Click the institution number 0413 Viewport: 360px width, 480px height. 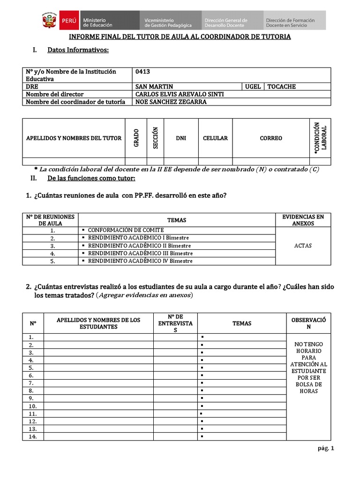coord(142,72)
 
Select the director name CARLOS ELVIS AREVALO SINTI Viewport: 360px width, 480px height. coord(179,94)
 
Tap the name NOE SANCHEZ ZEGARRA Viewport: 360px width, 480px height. coord(171,102)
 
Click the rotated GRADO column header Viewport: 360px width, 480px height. coord(136,138)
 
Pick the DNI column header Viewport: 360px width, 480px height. coord(181,138)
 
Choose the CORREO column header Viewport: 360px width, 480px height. coord(271,138)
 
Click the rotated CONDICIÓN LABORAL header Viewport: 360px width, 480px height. coord(320,138)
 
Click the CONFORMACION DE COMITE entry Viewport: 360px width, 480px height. coord(126,230)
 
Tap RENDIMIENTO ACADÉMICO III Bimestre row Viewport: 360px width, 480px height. coord(140,254)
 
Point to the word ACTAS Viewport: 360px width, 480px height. coord(303,246)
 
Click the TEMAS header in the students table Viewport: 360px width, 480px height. coord(242,323)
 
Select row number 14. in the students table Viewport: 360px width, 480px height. coord(33,437)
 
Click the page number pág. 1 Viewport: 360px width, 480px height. coord(325,449)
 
